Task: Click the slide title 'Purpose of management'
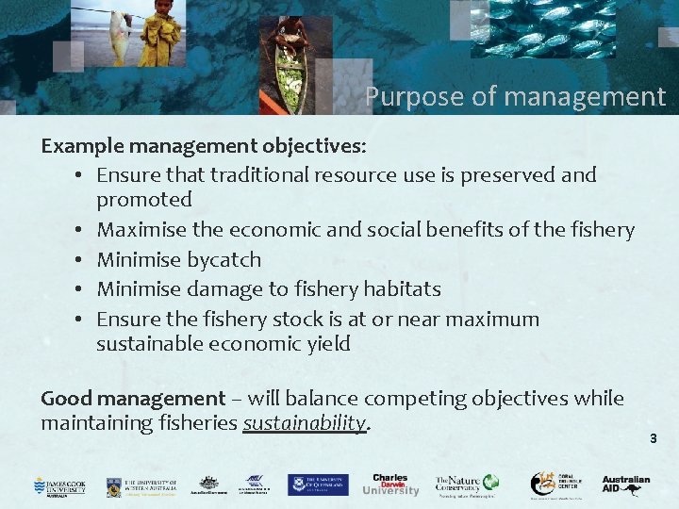[x=515, y=96]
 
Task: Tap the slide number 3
[x=652, y=438]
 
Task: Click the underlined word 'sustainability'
[x=304, y=423]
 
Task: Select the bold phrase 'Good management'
[x=133, y=398]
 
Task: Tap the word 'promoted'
[x=143, y=200]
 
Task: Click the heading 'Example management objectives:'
[x=204, y=147]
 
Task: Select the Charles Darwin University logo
[x=389, y=484]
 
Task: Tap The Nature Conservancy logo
[x=466, y=484]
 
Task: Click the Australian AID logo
[x=626, y=484]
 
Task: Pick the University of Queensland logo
[x=318, y=484]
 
